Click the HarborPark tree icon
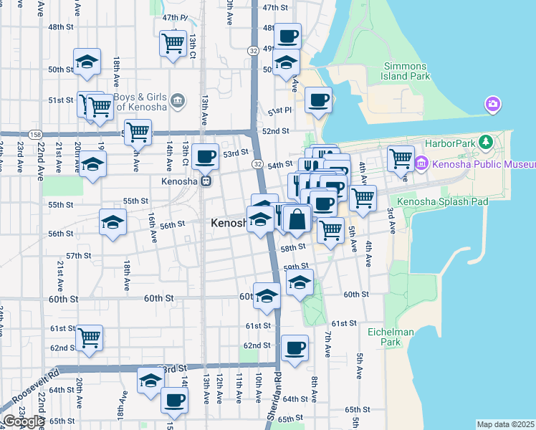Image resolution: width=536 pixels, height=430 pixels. tap(487, 142)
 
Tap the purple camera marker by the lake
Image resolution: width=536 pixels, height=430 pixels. tap(492, 105)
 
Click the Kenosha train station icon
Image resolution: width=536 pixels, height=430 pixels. tap(205, 181)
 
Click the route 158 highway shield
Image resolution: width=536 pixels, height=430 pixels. tap(35, 135)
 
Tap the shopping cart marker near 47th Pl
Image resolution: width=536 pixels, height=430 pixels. tap(173, 44)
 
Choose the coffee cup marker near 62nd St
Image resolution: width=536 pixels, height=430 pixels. tap(294, 348)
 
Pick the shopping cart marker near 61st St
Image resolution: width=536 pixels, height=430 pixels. tap(90, 337)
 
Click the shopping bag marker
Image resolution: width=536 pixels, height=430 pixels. tap(297, 218)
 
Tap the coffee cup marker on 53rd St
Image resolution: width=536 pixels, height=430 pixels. tap(205, 156)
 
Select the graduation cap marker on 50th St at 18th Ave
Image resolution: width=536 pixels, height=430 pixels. tap(87, 62)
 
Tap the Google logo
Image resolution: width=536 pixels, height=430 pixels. tap(23, 421)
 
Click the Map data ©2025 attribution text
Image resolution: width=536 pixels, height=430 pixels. tap(505, 424)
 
